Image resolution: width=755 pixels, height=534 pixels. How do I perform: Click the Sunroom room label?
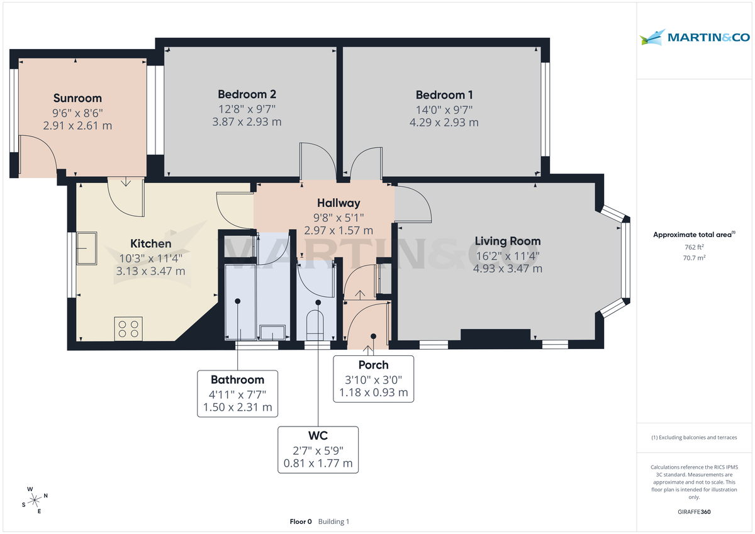[77, 98]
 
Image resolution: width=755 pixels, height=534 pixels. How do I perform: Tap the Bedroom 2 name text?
[247, 94]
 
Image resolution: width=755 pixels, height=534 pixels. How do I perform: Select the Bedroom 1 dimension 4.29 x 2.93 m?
[444, 122]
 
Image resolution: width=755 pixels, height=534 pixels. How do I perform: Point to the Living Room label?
[507, 241]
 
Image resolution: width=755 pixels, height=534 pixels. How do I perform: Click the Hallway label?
[338, 203]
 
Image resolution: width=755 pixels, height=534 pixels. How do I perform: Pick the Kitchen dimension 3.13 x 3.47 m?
[150, 271]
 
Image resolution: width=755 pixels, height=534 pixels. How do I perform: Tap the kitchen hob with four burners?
[128, 329]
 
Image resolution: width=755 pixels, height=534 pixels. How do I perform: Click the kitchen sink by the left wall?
[87, 248]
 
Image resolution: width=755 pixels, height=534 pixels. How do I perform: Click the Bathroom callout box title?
[237, 380]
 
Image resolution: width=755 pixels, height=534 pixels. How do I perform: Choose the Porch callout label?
[373, 365]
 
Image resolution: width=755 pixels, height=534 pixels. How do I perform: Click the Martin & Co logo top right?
[695, 38]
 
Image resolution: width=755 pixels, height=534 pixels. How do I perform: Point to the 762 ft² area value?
[694, 247]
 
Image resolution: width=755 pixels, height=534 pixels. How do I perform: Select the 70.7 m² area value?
[694, 258]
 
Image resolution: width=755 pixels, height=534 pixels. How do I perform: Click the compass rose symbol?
[34, 500]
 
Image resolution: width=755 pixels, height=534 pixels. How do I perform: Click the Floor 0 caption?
[300, 521]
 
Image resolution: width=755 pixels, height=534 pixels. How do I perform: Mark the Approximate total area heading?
[693, 234]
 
